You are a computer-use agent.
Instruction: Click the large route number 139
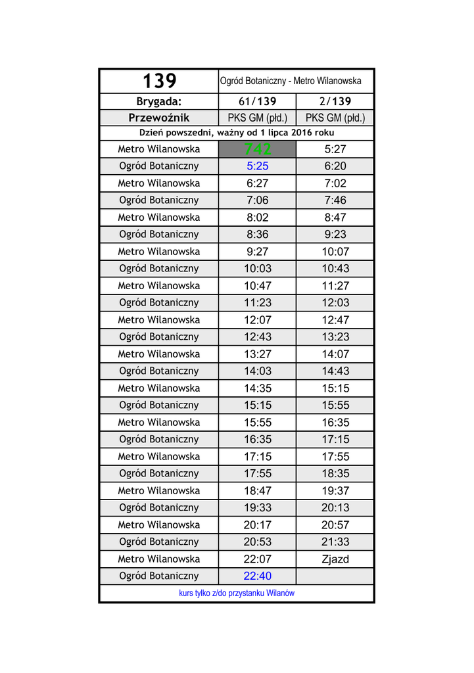(160, 81)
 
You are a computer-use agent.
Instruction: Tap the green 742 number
(257, 150)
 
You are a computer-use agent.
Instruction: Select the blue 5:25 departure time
(257, 166)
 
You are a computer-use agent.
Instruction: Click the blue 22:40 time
(257, 576)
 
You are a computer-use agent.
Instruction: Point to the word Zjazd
(335, 559)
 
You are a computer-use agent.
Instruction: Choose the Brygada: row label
(158, 101)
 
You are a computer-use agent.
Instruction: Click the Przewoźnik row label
(158, 118)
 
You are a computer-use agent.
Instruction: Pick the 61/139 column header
(257, 101)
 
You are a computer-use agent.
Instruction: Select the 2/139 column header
(335, 101)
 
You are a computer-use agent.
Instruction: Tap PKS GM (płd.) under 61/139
(257, 118)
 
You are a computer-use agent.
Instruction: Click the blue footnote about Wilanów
(237, 593)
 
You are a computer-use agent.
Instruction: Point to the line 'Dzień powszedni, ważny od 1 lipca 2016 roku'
(237, 133)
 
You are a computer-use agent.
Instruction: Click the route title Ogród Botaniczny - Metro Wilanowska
(291, 81)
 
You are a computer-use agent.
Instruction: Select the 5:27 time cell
(335, 150)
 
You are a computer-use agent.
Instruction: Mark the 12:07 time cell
(257, 320)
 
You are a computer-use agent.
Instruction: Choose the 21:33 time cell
(335, 542)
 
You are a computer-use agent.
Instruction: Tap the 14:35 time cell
(257, 388)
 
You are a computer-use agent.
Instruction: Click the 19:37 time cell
(335, 491)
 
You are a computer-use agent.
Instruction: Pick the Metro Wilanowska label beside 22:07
(158, 559)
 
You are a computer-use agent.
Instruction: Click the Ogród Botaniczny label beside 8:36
(158, 235)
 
